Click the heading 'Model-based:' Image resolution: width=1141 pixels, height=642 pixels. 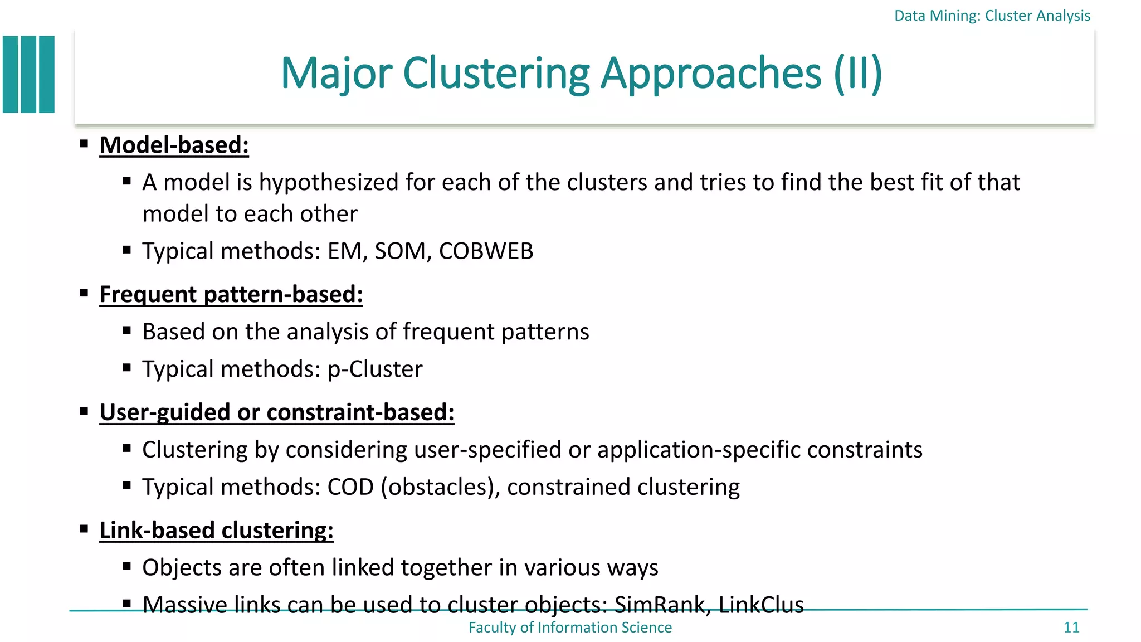pos(174,145)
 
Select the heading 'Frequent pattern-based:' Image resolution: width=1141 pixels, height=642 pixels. pos(231,294)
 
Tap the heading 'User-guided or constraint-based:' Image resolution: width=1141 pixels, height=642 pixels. pos(277,412)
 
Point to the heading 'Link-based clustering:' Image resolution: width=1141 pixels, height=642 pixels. pos(216,530)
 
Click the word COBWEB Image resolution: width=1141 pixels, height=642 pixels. pos(486,251)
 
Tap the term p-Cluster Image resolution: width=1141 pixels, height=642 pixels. pos(375,369)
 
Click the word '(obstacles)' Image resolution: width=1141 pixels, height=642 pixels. pos(440,488)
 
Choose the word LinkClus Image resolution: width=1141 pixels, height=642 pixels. pos(761,605)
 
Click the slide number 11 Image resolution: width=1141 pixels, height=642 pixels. pos(1071,628)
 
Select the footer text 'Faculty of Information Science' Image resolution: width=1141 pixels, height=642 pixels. pos(570,628)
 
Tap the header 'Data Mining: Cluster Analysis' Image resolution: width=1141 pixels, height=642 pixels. pos(992,16)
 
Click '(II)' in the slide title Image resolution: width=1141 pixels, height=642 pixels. pos(858,73)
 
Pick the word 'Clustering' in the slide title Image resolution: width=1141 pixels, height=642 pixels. pos(496,73)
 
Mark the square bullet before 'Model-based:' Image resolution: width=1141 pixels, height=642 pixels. pos(84,144)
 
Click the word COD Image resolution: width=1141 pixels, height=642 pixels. pos(350,487)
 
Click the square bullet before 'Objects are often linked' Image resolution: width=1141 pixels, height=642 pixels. pos(127,567)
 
